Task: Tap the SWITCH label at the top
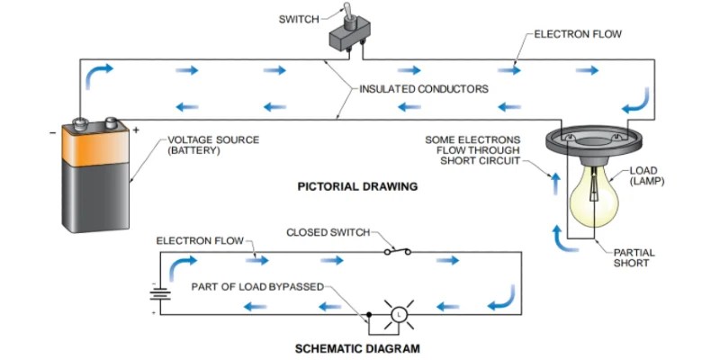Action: pyautogui.click(x=299, y=19)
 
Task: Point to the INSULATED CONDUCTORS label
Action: pyautogui.click(x=424, y=89)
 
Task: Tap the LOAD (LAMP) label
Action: pyautogui.click(x=648, y=176)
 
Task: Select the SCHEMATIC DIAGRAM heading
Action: pyautogui.click(x=357, y=347)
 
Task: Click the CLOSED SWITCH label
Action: pyautogui.click(x=328, y=232)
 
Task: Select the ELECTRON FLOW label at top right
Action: pyautogui.click(x=578, y=34)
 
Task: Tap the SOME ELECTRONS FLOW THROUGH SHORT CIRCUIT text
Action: pyautogui.click(x=472, y=150)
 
